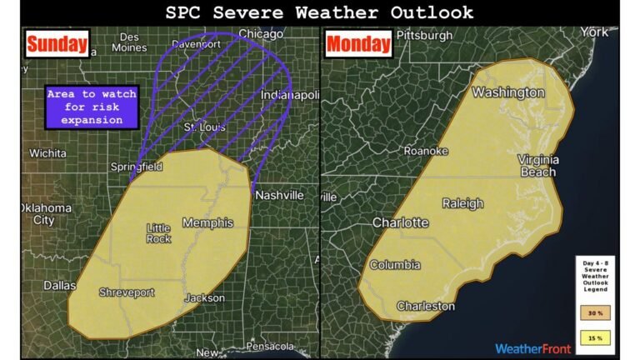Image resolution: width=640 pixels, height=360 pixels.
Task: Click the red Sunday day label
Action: pos(57,44)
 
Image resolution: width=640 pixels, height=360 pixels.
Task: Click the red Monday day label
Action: pos(358,44)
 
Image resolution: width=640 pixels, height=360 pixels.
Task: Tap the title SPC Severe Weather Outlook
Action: pos(319,12)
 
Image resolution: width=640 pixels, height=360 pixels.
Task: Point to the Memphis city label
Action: pos(207,222)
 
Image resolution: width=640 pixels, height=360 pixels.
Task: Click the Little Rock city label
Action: pos(158,233)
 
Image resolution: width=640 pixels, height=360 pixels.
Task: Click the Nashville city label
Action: pos(279,195)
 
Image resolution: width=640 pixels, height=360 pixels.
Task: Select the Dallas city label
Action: pos(60,285)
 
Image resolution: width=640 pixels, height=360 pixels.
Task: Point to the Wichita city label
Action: pos(47,153)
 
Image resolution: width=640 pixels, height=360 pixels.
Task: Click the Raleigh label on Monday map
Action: pos(462,203)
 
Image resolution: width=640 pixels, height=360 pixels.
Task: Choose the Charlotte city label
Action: pos(400,222)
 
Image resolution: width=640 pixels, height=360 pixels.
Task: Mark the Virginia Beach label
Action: pos(537,165)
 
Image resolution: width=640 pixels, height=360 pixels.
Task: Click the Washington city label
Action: pos(507,92)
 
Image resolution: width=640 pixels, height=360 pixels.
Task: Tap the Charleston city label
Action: pos(426,306)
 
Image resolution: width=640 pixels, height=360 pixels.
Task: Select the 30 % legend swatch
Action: pos(595,312)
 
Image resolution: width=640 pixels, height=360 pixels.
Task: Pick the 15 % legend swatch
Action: pos(595,338)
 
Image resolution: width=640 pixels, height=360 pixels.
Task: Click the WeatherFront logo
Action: pos(532,348)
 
